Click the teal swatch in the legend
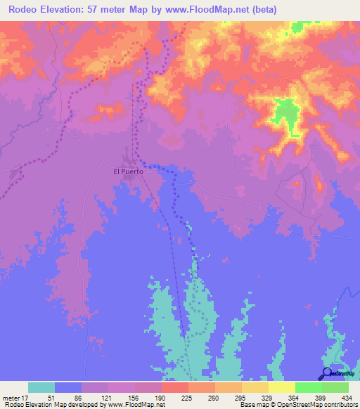coord(41,387)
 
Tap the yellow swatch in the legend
coord(281,387)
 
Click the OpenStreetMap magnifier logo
coord(327,374)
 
